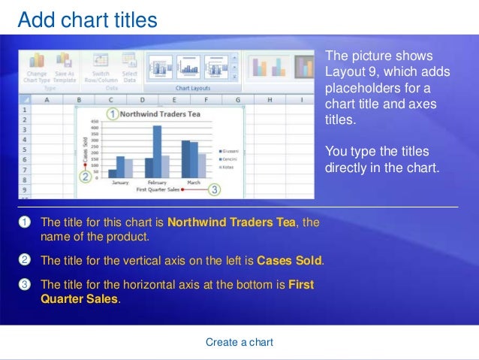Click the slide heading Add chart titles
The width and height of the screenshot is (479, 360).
87,20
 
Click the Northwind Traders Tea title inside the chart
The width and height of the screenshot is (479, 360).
160,114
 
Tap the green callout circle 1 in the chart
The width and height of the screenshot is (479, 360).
112,114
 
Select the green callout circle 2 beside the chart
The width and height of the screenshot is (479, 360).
86,177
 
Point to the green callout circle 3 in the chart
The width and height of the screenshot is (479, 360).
215,190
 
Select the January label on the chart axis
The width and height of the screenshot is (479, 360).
119,183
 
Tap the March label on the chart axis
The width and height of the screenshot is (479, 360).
193,183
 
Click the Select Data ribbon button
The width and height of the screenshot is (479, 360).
129,77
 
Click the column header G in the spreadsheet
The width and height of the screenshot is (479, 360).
237,99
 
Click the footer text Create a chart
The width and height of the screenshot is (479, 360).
239,342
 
